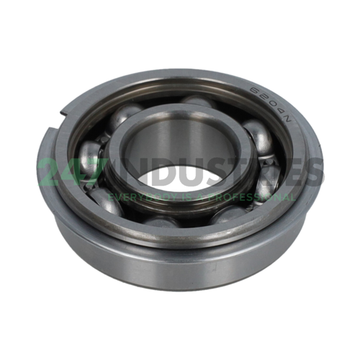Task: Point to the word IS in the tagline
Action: tap(183, 195)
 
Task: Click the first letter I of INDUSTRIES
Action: tap(128, 173)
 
